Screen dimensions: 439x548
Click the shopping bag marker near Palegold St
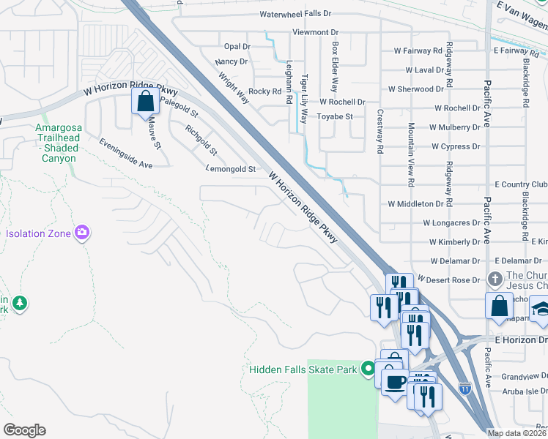coord(145,101)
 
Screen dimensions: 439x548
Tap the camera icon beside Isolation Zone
coord(82,233)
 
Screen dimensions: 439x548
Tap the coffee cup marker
coord(394,382)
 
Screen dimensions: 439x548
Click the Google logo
coord(24,429)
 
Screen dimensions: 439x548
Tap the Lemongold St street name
coord(232,169)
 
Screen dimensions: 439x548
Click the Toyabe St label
coord(334,116)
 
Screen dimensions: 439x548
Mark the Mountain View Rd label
coord(412,154)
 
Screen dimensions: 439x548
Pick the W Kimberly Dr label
coord(454,241)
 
